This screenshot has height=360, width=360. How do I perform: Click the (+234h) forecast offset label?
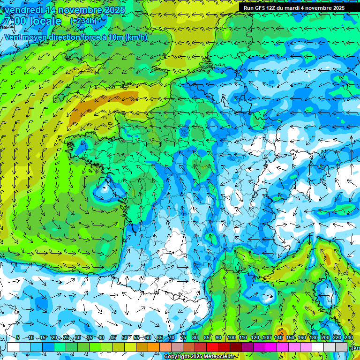click(83, 21)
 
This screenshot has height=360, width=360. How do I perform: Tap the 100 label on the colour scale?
click(231, 337)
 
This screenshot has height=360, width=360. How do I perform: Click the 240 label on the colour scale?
click(348, 337)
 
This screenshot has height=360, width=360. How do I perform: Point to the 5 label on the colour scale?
click(17, 337)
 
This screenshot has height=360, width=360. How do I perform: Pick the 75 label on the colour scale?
click(183, 337)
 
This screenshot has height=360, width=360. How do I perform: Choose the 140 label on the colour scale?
click(278, 337)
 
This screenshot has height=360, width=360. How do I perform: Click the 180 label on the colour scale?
click(313, 337)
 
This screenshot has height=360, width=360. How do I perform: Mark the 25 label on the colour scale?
click(66, 337)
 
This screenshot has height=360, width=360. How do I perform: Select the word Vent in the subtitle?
click(13, 37)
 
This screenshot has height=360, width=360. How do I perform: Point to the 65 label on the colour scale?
click(160, 337)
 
